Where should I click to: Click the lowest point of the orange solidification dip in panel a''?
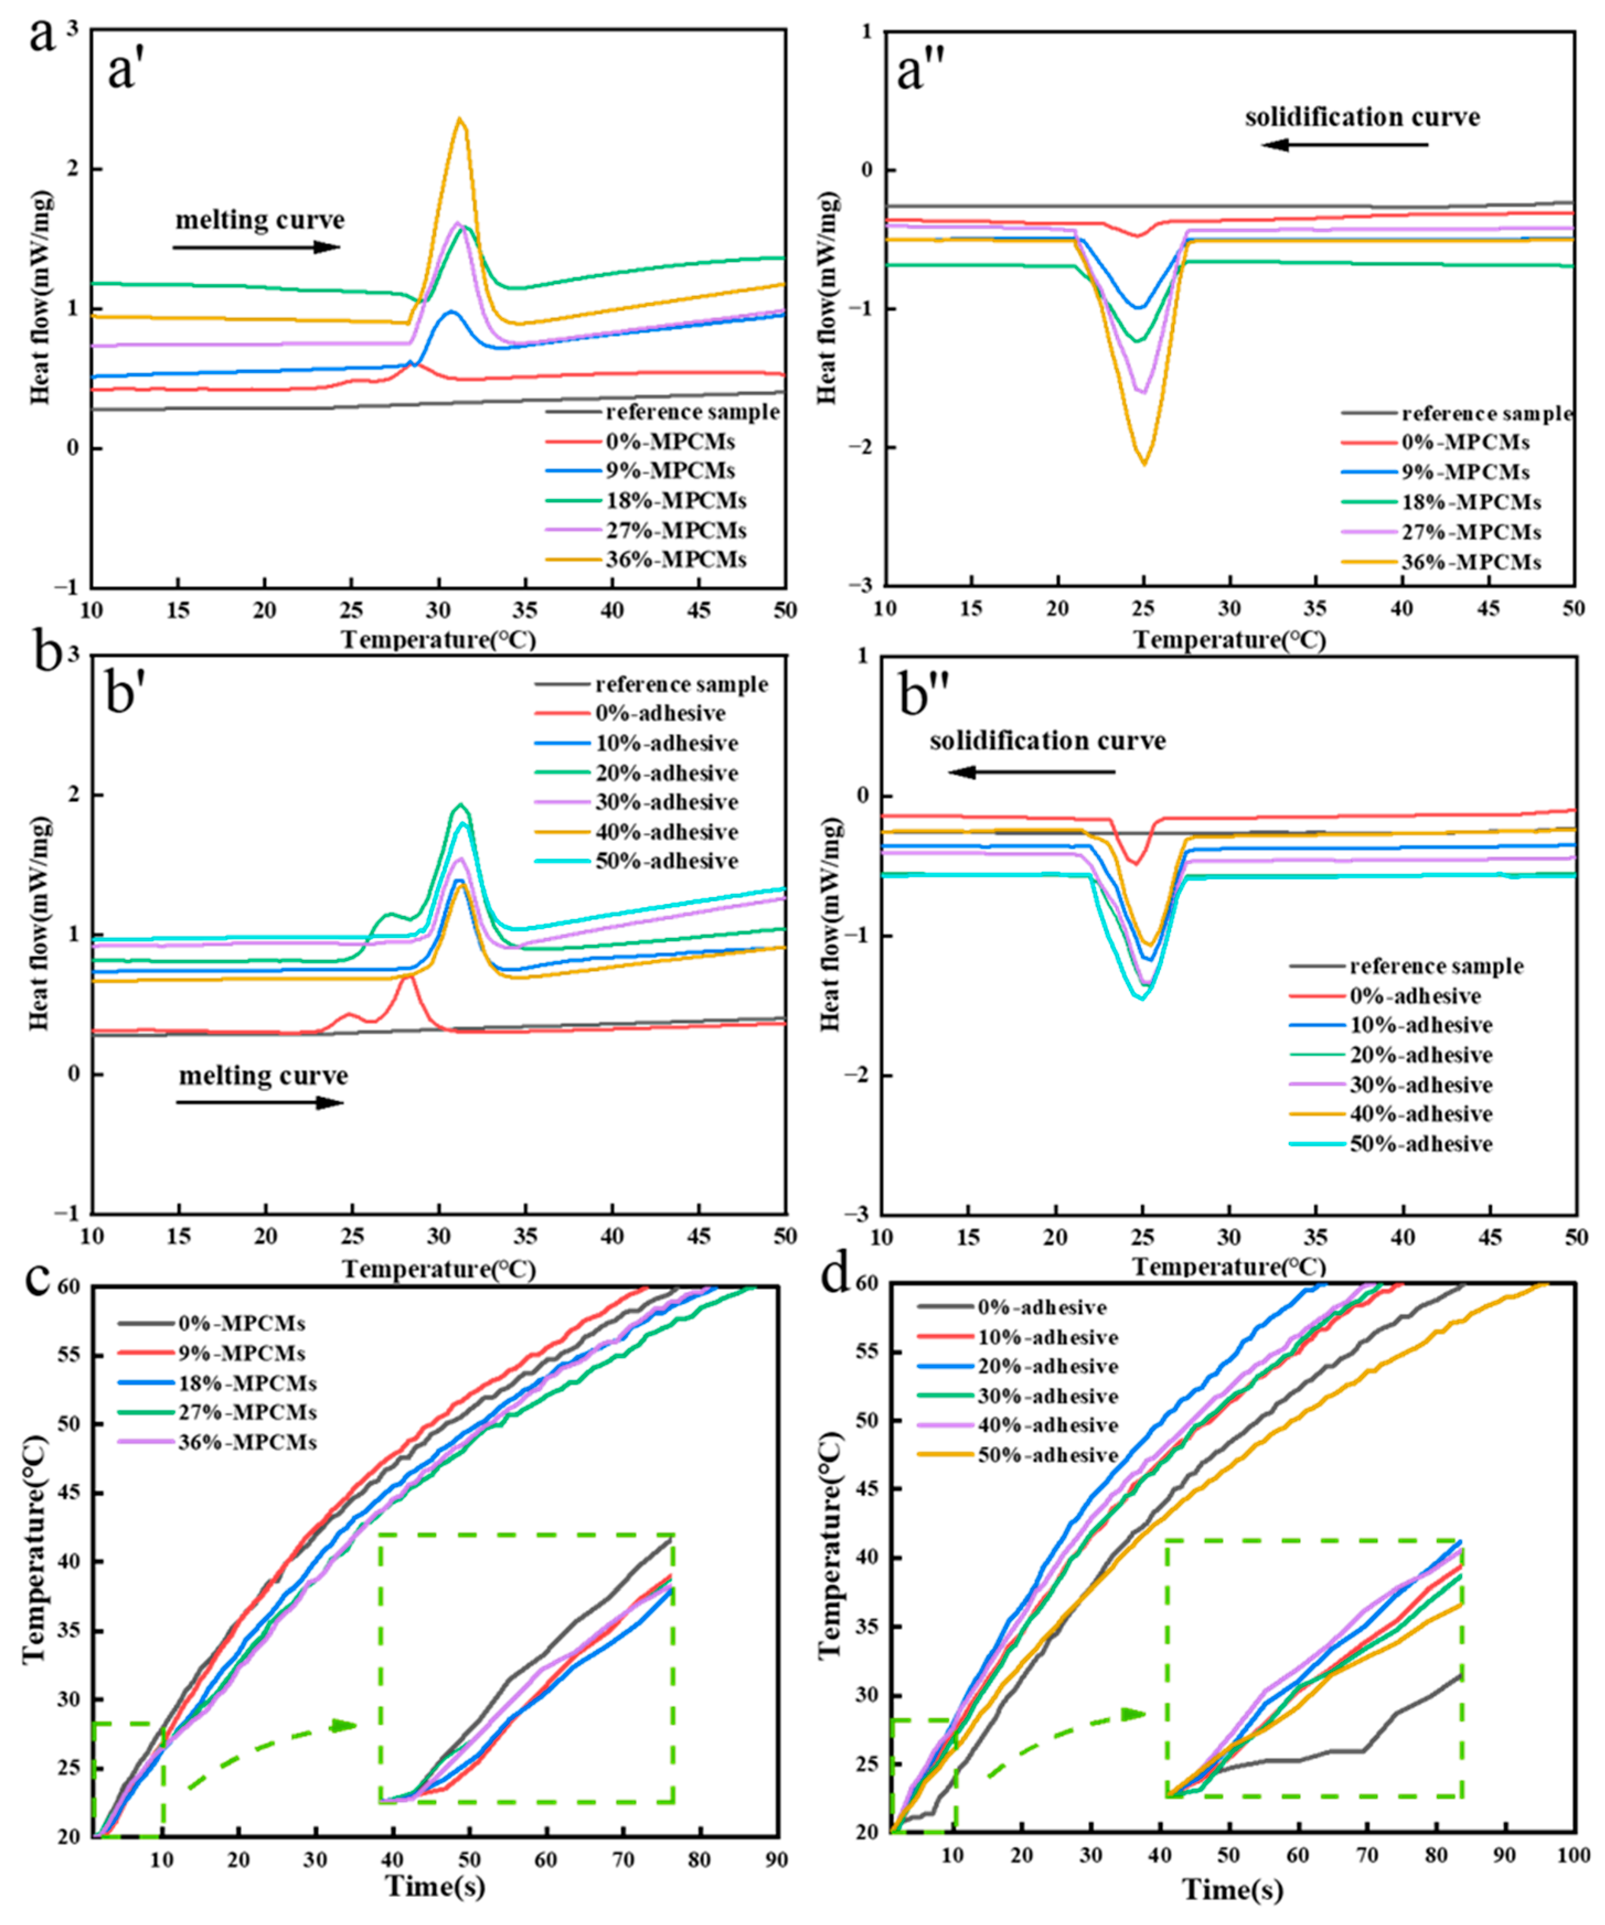pos(1144,463)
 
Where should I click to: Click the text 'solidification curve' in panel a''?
pos(1362,117)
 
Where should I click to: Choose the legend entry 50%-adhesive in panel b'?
pos(666,861)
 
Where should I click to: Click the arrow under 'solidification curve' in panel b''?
pos(1032,772)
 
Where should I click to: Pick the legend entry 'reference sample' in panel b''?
pos(1436,966)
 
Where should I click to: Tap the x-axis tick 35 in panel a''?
pos(1315,608)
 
